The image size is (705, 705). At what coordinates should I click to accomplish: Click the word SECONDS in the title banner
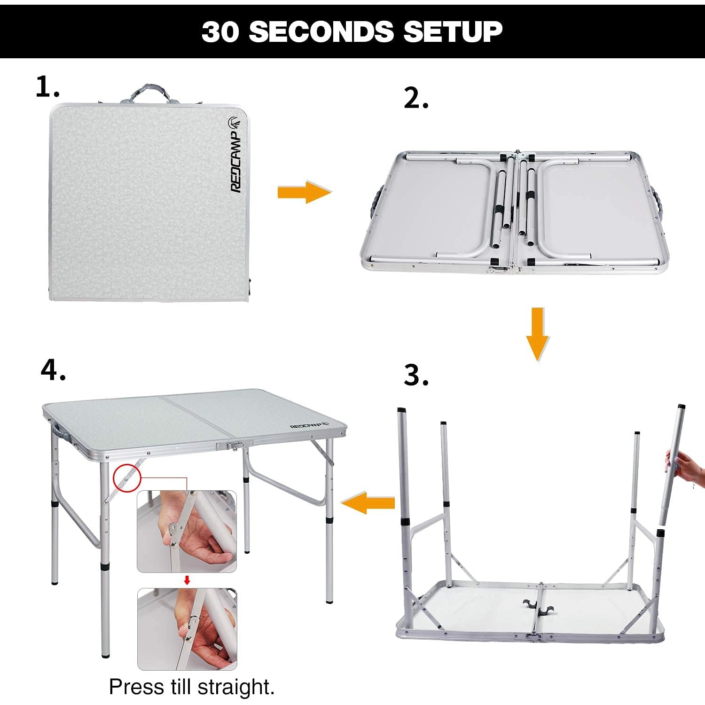pyautogui.click(x=321, y=31)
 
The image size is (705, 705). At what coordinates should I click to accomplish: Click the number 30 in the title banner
pyautogui.click(x=220, y=32)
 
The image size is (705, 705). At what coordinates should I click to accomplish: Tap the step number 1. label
pyautogui.click(x=47, y=87)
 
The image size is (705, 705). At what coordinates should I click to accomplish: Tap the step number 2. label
pyautogui.click(x=416, y=99)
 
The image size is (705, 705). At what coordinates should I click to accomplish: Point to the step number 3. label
pyautogui.click(x=416, y=376)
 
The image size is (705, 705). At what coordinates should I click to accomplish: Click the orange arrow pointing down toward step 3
pyautogui.click(x=538, y=333)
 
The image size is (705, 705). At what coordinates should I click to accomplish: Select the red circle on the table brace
pyautogui.click(x=127, y=477)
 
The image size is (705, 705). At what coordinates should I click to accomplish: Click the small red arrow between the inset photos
pyautogui.click(x=187, y=580)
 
